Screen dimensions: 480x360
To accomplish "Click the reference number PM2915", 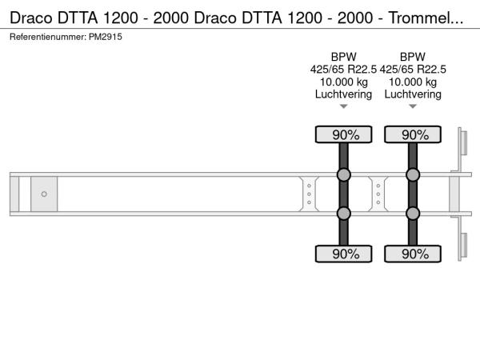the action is point(106,37).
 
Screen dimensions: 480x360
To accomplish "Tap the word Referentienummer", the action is point(47,37).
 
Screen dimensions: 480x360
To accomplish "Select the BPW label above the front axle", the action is point(344,57).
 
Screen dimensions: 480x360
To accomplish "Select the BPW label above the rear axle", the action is point(413,57).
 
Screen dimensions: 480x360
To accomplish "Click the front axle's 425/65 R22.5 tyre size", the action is point(343,70).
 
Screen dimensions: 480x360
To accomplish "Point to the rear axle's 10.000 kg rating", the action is point(413,82).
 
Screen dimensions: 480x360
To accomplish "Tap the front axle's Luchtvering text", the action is point(343,94).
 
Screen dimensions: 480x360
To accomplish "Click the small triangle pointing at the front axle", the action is point(344,106).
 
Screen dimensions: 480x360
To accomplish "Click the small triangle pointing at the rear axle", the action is point(413,106).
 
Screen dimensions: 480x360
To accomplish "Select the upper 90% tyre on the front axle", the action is point(344,134).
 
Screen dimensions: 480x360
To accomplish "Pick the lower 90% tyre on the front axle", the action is point(344,254).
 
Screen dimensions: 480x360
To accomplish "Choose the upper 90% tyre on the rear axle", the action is point(413,134).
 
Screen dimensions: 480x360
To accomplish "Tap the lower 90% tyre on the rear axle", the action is point(413,254).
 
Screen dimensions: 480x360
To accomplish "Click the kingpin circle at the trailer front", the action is point(44,194).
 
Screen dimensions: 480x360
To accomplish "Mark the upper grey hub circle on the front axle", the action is point(344,174).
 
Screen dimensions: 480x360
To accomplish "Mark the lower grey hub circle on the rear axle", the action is point(413,214).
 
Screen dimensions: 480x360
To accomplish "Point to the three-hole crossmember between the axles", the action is point(378,194).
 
